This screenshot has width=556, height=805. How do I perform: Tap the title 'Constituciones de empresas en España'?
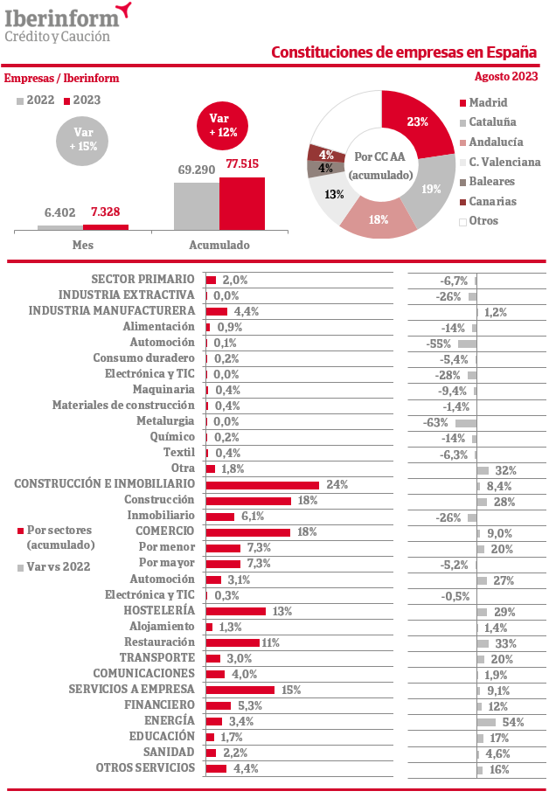(x=404, y=52)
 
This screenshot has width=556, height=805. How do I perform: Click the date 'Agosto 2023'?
(x=506, y=76)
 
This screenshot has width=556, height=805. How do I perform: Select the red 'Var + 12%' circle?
(x=224, y=125)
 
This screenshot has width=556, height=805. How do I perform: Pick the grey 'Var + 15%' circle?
(x=84, y=140)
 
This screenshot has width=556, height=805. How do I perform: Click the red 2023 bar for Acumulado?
(x=241, y=204)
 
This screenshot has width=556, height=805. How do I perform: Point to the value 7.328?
(x=106, y=212)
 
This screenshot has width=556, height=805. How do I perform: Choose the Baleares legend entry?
(x=491, y=182)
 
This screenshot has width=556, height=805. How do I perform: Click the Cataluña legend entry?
(x=492, y=122)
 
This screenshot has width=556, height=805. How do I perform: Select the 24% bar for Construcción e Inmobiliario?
(x=262, y=485)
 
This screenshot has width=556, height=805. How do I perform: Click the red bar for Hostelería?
(x=235, y=612)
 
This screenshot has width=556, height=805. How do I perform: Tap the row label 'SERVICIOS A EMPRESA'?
(x=131, y=690)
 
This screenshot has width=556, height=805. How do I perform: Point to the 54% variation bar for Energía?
(x=486, y=722)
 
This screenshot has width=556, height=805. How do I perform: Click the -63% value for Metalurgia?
(x=436, y=422)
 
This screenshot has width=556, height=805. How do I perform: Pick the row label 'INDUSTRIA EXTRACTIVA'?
(x=126, y=295)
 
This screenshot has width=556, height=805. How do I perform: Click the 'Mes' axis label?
(x=82, y=245)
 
